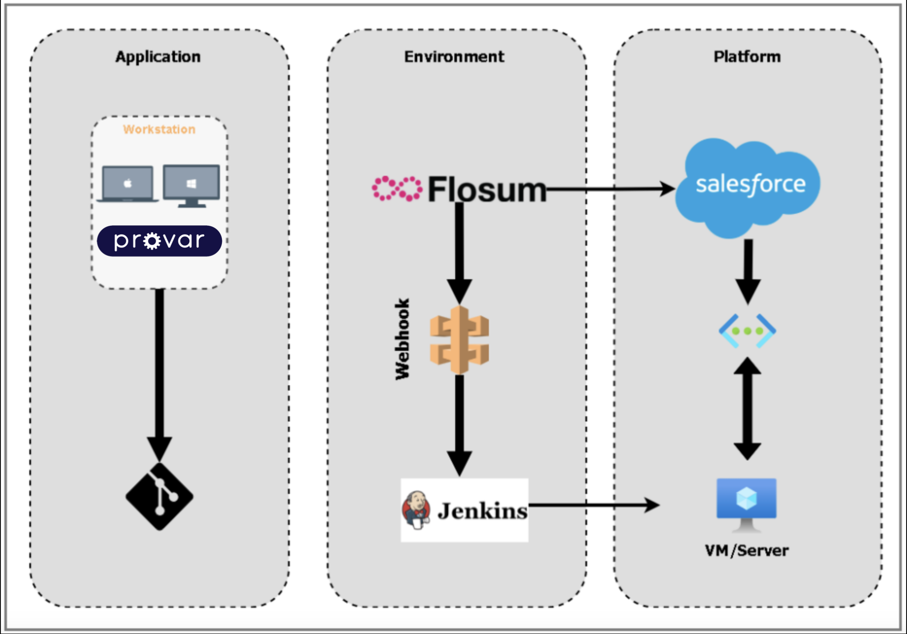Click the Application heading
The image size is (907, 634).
coord(158,57)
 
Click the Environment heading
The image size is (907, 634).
coord(454,57)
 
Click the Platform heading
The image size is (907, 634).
coord(747,57)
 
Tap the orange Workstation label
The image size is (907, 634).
coord(159,129)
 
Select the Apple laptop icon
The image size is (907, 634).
coord(128,184)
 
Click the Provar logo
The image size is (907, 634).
coord(159,241)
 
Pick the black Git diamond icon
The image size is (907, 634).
coord(159,496)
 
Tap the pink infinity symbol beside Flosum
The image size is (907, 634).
coord(396,189)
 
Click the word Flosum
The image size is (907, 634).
coord(487,189)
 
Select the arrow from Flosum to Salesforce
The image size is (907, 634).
coord(611,189)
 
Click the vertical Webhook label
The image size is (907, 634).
coord(402,339)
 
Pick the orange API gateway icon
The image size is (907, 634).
coord(459,340)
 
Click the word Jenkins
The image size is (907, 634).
coord(483,511)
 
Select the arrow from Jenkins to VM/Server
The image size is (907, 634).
coord(593,505)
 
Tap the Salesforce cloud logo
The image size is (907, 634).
coord(748,186)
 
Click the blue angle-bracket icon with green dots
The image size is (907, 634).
coord(747,331)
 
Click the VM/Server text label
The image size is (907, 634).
coord(747,550)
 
